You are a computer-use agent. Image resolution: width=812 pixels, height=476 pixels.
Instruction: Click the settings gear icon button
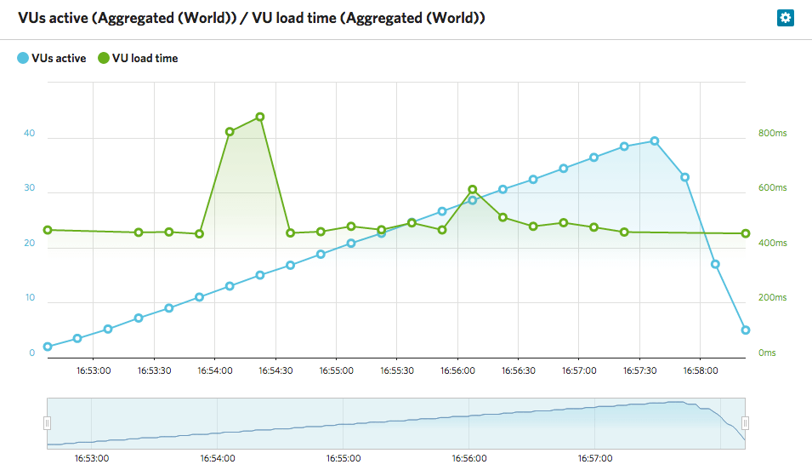pyautogui.click(x=785, y=18)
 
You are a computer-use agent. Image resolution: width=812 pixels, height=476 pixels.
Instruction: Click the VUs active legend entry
pyautogui.click(x=51, y=59)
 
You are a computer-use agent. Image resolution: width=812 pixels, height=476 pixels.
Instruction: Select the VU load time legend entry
pyautogui.click(x=138, y=59)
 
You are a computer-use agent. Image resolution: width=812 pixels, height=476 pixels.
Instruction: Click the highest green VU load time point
pyautogui.click(x=260, y=117)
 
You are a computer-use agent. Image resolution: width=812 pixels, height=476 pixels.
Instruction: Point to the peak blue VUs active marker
pyautogui.click(x=655, y=141)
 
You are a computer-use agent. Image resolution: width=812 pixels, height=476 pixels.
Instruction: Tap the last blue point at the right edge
pyautogui.click(x=746, y=330)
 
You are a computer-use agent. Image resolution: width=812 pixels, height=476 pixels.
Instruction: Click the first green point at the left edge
pyautogui.click(x=48, y=230)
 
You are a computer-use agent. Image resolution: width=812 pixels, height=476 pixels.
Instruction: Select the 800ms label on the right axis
pyautogui.click(x=772, y=134)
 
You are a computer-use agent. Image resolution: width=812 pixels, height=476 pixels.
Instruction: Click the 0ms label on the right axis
pyautogui.click(x=767, y=353)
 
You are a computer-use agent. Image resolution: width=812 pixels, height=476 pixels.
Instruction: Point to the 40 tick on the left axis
pyautogui.click(x=30, y=134)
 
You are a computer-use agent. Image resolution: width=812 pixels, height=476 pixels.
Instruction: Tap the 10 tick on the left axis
pyautogui.click(x=30, y=298)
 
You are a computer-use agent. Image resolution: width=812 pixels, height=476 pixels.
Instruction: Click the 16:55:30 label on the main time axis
pyautogui.click(x=397, y=371)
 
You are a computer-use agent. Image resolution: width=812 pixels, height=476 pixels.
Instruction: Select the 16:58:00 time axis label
pyautogui.click(x=701, y=371)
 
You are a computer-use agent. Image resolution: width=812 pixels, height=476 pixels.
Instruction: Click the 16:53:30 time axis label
pyautogui.click(x=154, y=371)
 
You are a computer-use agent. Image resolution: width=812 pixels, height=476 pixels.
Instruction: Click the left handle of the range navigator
pyautogui.click(x=48, y=422)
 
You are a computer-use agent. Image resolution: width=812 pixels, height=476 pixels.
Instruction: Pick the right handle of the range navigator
pyautogui.click(x=746, y=422)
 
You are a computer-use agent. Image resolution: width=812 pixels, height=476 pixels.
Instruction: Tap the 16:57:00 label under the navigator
pyautogui.click(x=594, y=458)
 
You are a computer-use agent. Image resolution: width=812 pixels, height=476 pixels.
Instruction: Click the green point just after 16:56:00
pyautogui.click(x=473, y=190)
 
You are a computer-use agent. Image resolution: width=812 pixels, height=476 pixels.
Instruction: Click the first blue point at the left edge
pyautogui.click(x=48, y=347)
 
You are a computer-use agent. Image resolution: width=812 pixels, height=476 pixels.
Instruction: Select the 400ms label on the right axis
pyautogui.click(x=772, y=244)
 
